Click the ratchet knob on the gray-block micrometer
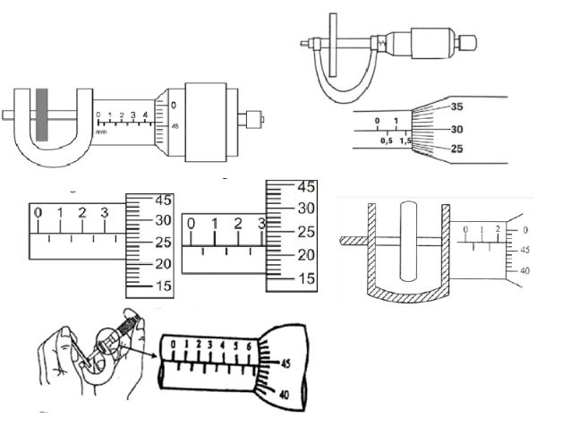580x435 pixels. pos(255,116)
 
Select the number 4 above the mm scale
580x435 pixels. pos(144,115)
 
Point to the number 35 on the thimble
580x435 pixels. pos(456,107)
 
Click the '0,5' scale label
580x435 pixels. pos(386,141)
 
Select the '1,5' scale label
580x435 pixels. pos(405,141)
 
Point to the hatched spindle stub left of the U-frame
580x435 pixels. pos(350,240)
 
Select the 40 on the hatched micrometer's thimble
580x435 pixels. pos(525,269)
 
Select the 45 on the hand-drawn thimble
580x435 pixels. pos(286,364)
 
